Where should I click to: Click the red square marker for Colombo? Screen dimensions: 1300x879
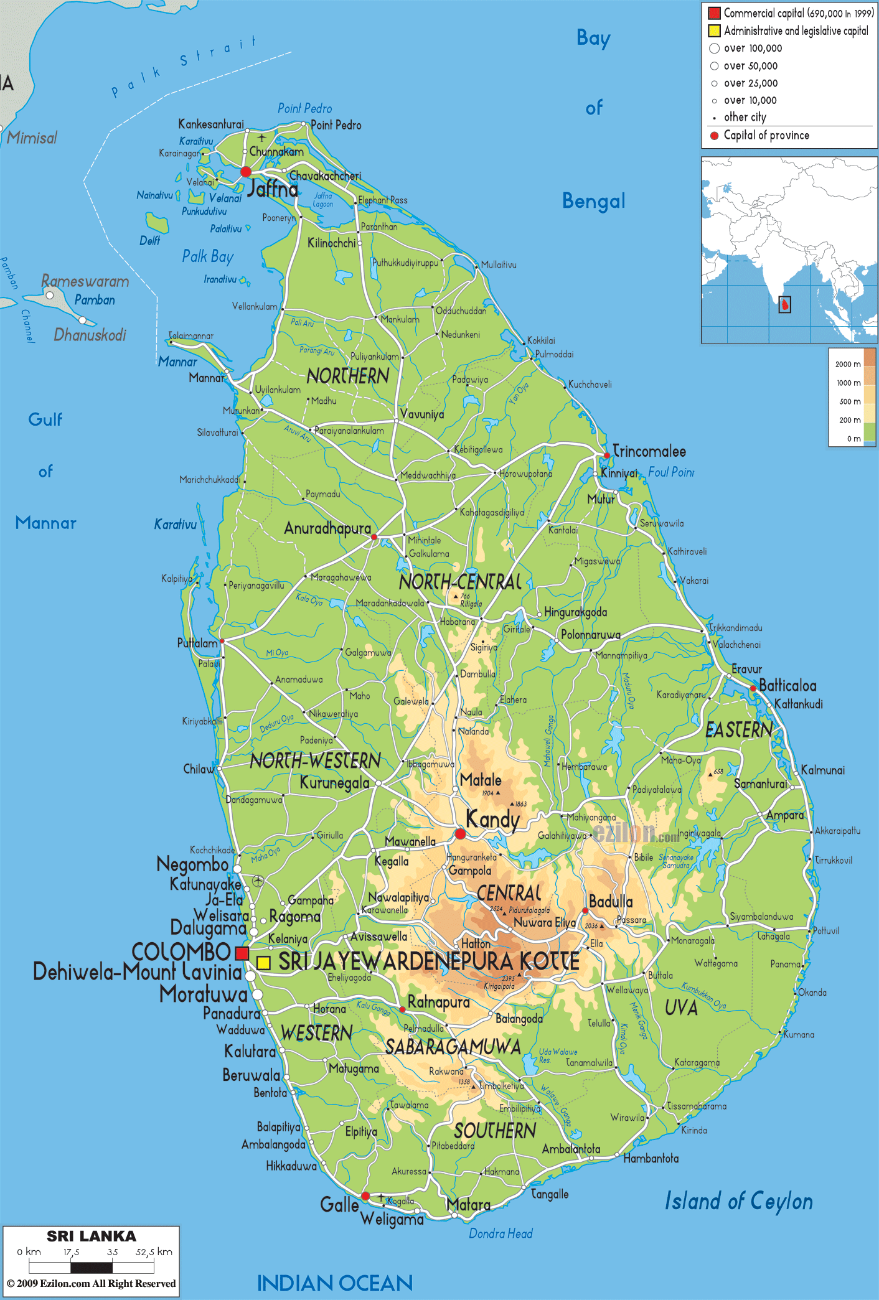pos(242,953)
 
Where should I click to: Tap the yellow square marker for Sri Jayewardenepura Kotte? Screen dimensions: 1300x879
pos(263,963)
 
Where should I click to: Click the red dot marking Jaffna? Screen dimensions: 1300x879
pos(246,172)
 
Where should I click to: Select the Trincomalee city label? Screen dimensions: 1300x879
pos(649,451)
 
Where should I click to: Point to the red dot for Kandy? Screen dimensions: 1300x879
pos(460,834)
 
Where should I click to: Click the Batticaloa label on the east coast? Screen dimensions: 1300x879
pos(787,686)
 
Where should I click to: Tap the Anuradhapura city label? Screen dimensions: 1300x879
pos(327,528)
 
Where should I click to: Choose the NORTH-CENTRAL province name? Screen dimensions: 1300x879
pos(460,582)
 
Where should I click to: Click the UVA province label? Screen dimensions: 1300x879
pos(681,1008)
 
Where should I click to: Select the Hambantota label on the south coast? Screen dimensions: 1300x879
pos(651,1158)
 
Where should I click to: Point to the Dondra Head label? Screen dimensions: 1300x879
pos(501,1233)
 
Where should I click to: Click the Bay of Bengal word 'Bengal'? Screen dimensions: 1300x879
pos(593,201)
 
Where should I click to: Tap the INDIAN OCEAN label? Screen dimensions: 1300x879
pos(335,1283)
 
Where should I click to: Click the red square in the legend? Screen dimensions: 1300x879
pos(714,13)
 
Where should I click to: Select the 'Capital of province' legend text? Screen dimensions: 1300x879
pos(766,135)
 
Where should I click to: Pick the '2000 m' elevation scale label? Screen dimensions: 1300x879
pos(848,364)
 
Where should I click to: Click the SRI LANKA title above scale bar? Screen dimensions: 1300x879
pos(92,1236)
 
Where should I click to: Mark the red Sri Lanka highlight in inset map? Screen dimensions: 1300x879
pos(786,304)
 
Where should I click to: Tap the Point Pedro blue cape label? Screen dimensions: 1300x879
pos(304,108)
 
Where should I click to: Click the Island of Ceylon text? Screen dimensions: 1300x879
pos(738,1201)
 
